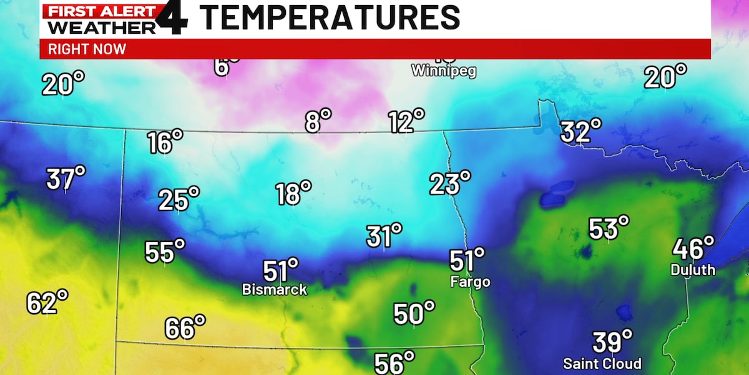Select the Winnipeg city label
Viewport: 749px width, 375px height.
443,71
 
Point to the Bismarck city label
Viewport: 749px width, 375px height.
274,289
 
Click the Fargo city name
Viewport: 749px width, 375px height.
470,282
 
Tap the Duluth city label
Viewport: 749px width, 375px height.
693,270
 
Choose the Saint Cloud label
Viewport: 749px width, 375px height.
602,363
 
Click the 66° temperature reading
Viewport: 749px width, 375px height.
185,327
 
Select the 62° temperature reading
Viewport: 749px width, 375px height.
47,302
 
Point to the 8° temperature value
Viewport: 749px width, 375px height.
318,121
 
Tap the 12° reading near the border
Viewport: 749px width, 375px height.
406,121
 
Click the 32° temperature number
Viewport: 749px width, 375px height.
580,132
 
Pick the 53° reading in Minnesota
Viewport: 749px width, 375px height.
609,229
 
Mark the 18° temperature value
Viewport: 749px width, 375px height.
293,193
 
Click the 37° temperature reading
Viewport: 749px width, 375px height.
66,179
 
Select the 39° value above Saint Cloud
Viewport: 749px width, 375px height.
612,342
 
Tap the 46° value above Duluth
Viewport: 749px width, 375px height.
693,249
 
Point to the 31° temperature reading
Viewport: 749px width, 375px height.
383,236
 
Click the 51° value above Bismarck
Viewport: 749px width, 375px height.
280,271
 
